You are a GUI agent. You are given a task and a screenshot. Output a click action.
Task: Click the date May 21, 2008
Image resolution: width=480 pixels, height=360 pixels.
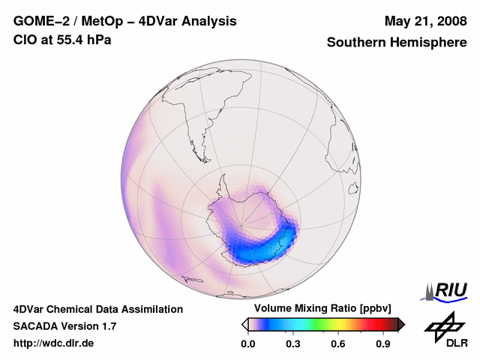pos(425,21)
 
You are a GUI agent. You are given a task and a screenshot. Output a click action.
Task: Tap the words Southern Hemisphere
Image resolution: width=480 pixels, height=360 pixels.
pos(397,43)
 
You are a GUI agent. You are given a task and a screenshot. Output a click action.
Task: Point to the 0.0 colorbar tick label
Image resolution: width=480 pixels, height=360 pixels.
pos(247,344)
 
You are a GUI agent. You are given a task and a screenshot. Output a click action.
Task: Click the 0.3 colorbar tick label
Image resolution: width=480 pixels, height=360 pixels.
pos(292,344)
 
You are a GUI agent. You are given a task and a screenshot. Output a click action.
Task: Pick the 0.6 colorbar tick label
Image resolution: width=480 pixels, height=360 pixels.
pos(338,344)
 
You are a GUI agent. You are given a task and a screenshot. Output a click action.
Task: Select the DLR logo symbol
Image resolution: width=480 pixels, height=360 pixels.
pos(443,325)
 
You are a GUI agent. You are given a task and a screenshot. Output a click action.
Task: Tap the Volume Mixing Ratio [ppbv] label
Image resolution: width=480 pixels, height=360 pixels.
pos(319,309)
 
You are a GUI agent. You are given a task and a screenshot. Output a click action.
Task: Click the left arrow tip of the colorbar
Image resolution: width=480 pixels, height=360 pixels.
pos(244,324)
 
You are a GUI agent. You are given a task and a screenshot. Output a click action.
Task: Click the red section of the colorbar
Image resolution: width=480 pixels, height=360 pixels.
pos(371,324)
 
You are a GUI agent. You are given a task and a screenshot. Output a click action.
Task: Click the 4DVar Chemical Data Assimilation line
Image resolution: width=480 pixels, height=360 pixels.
pos(98,309)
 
